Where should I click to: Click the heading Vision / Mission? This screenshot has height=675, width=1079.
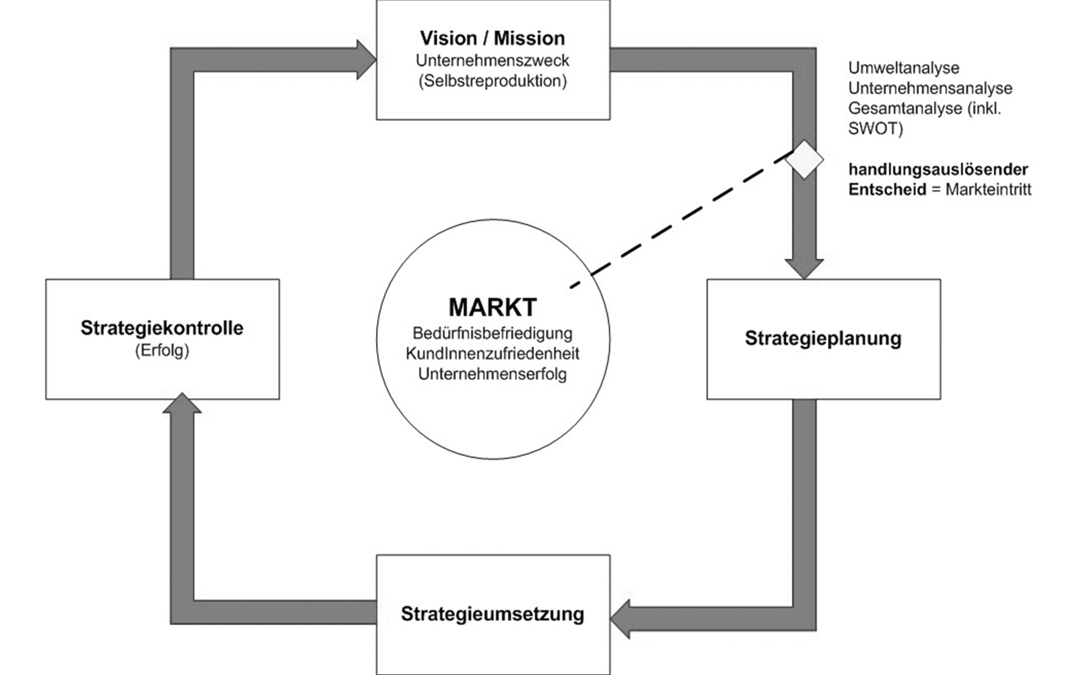(492, 38)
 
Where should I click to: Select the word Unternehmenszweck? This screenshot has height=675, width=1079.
(492, 60)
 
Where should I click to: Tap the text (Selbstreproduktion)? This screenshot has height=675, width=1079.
(492, 81)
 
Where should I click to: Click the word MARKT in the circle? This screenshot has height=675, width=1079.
(492, 307)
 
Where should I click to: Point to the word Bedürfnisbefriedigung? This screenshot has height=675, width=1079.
(492, 333)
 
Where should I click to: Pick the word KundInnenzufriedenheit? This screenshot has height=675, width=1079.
(492, 354)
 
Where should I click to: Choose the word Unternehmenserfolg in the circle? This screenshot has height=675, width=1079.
(492, 374)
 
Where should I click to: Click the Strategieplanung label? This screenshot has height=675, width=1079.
(823, 338)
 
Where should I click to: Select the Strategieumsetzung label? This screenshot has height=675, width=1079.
(492, 614)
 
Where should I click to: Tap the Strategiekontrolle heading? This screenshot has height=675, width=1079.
(162, 328)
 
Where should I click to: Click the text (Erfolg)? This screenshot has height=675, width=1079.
(162, 351)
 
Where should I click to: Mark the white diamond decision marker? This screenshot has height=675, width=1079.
(804, 160)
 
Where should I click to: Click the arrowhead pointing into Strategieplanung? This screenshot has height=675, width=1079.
(804, 268)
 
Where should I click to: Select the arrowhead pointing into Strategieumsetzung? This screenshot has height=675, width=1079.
(620, 619)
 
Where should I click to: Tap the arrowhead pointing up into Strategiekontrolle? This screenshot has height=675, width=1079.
(182, 404)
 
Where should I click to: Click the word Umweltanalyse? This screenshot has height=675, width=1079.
(903, 68)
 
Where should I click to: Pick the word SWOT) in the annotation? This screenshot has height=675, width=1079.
(875, 129)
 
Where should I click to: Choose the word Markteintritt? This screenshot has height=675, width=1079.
(988, 190)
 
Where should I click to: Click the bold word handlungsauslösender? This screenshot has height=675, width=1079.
(938, 169)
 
